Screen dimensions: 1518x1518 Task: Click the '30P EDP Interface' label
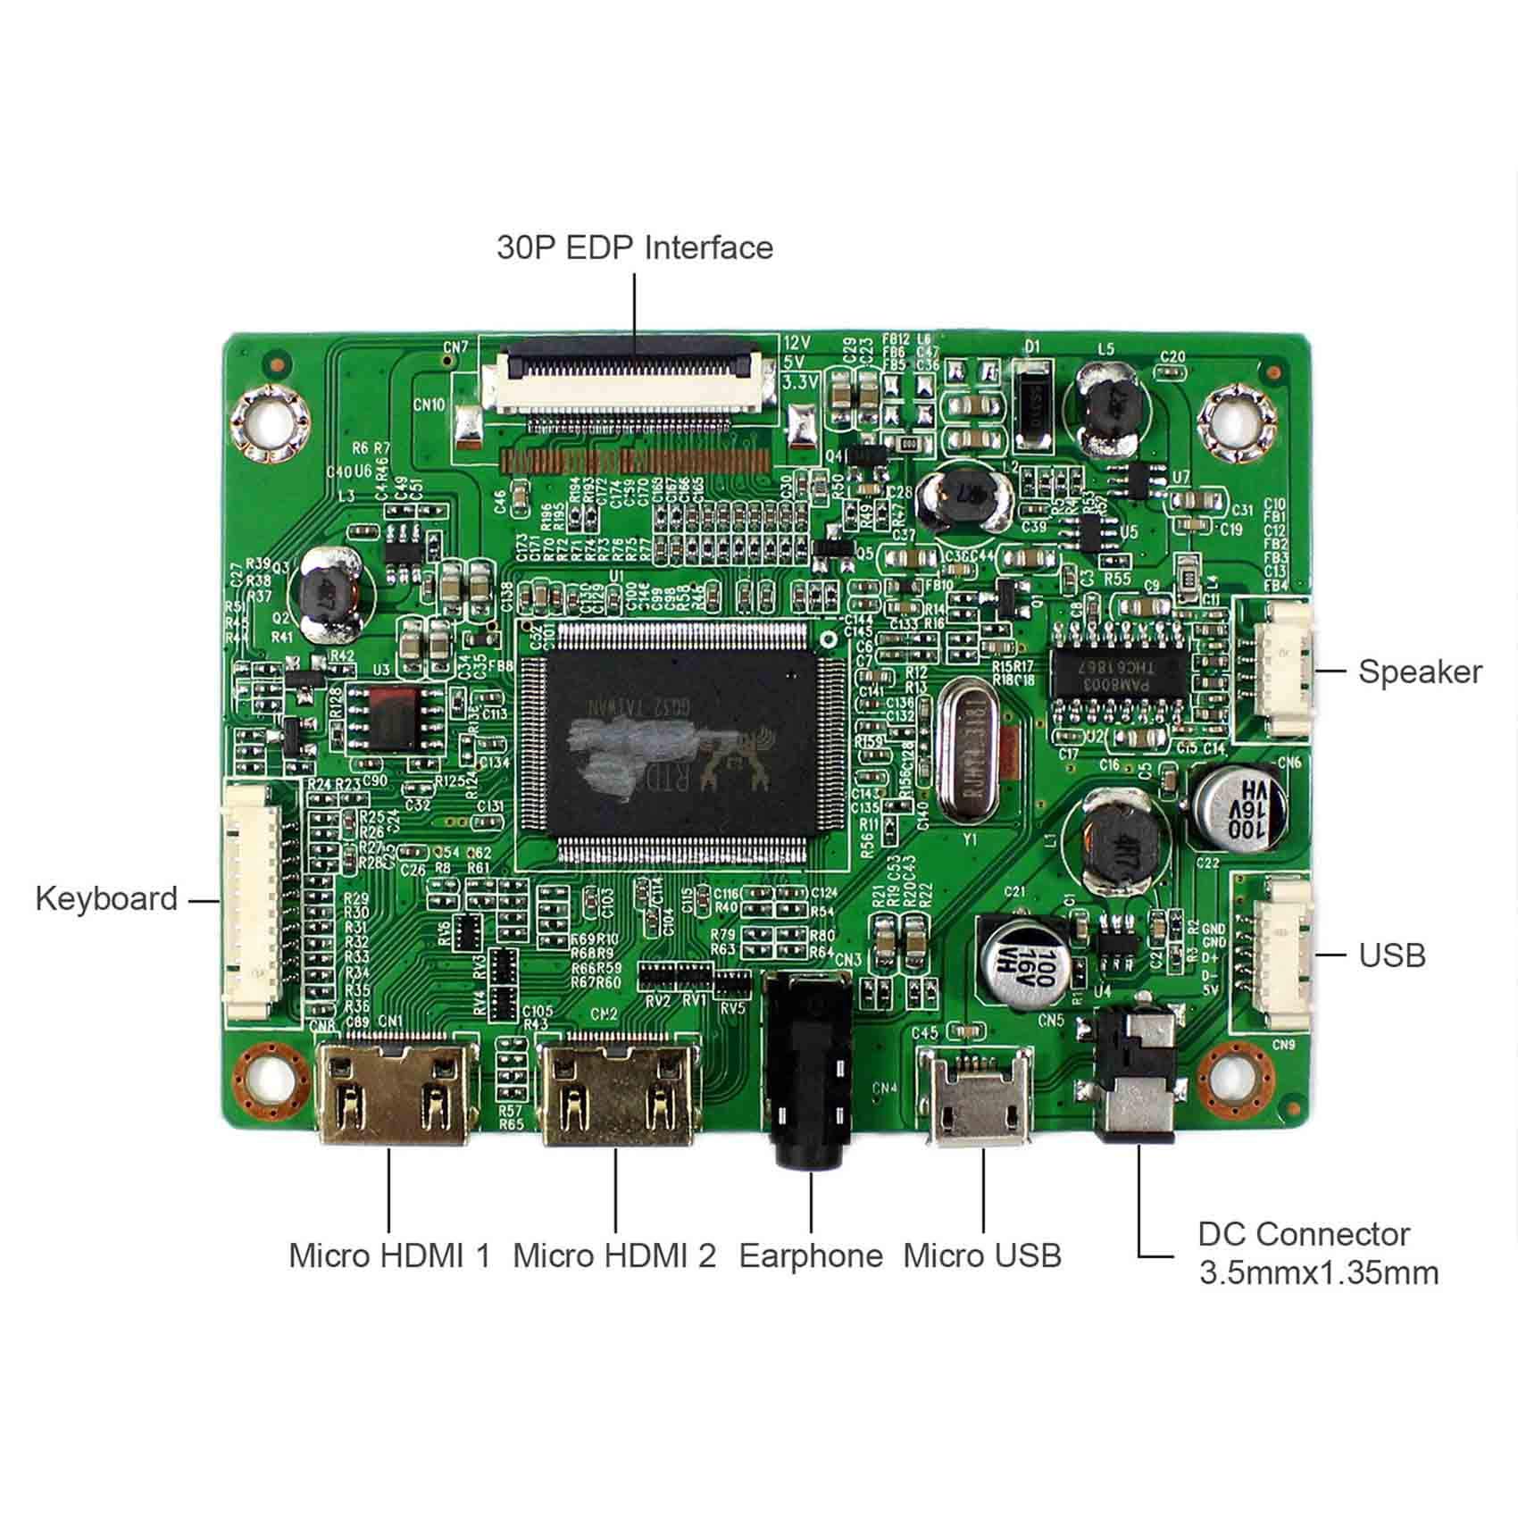pyautogui.click(x=634, y=247)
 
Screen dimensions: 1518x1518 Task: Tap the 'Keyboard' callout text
pyautogui.click(x=106, y=898)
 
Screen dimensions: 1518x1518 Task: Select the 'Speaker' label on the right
pyautogui.click(x=1420, y=671)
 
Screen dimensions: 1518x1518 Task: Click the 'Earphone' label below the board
pyautogui.click(x=810, y=1255)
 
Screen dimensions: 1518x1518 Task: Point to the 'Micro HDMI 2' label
pyautogui.click(x=614, y=1255)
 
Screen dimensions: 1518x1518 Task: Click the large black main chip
pyautogui.click(x=695, y=741)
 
